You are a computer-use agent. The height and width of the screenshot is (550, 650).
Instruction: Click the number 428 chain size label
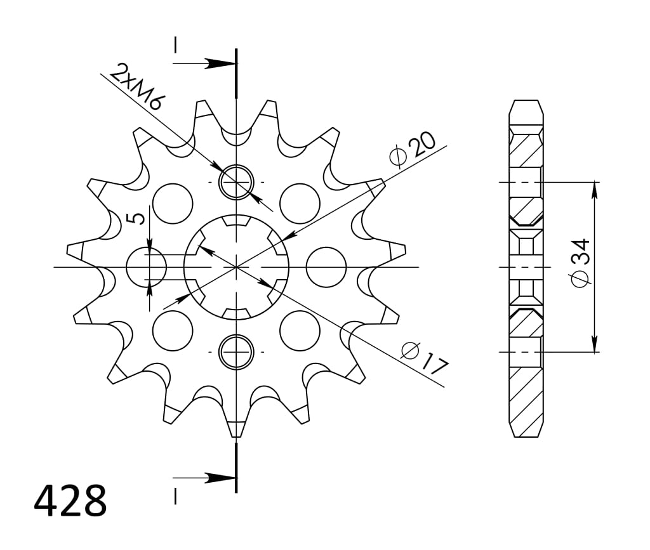[x=70, y=501]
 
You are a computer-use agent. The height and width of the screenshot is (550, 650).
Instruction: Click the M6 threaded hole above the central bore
[x=236, y=182]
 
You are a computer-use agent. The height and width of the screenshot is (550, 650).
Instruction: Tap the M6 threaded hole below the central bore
[x=236, y=351]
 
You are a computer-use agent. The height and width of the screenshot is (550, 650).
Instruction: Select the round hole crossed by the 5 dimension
[x=146, y=266]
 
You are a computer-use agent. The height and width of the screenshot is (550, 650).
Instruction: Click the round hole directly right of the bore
[x=326, y=266]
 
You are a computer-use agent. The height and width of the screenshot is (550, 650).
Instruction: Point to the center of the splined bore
[x=236, y=266]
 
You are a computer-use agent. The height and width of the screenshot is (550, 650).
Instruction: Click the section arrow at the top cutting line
[x=219, y=63]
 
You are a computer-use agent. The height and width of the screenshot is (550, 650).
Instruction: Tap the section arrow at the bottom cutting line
[x=219, y=477]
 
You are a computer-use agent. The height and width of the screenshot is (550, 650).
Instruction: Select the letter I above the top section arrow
[x=175, y=44]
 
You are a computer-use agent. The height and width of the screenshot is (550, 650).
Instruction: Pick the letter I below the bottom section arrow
[x=175, y=495]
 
